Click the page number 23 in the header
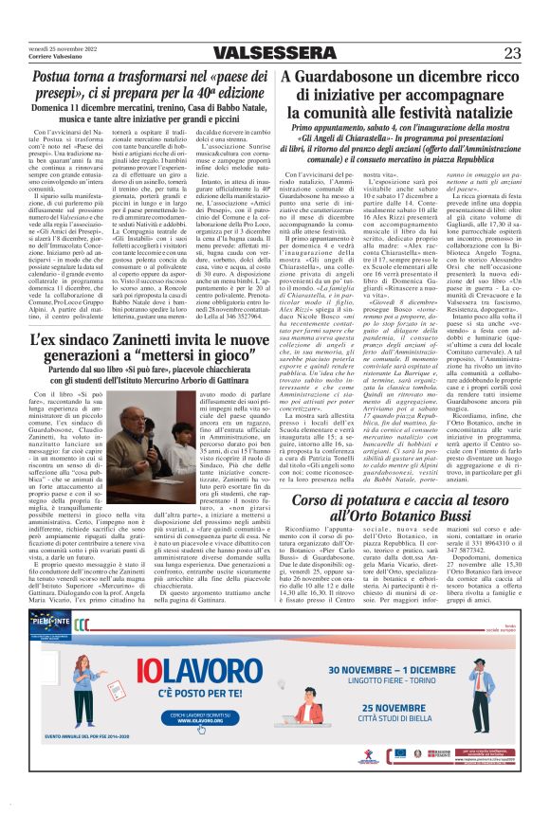pyautogui.click(x=511, y=53)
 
